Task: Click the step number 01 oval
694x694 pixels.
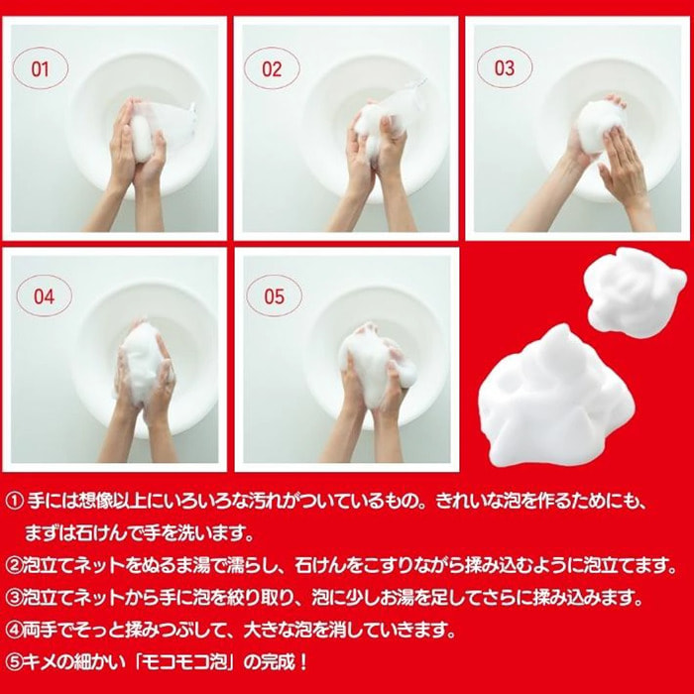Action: click(41, 68)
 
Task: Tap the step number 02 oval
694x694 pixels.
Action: click(272, 68)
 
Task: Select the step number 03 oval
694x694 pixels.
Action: click(505, 67)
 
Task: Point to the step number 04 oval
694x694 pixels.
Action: click(44, 296)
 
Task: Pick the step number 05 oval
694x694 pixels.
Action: click(275, 296)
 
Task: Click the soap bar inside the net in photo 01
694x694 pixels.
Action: click(142, 137)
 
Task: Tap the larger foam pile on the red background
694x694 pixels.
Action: click(557, 399)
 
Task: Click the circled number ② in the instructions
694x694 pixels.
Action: click(14, 566)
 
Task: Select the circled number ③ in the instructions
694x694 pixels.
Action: click(14, 598)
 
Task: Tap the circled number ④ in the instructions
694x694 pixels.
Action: click(14, 631)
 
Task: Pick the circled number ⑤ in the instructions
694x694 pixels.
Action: click(14, 662)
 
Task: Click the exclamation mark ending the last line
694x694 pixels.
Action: click(302, 662)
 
